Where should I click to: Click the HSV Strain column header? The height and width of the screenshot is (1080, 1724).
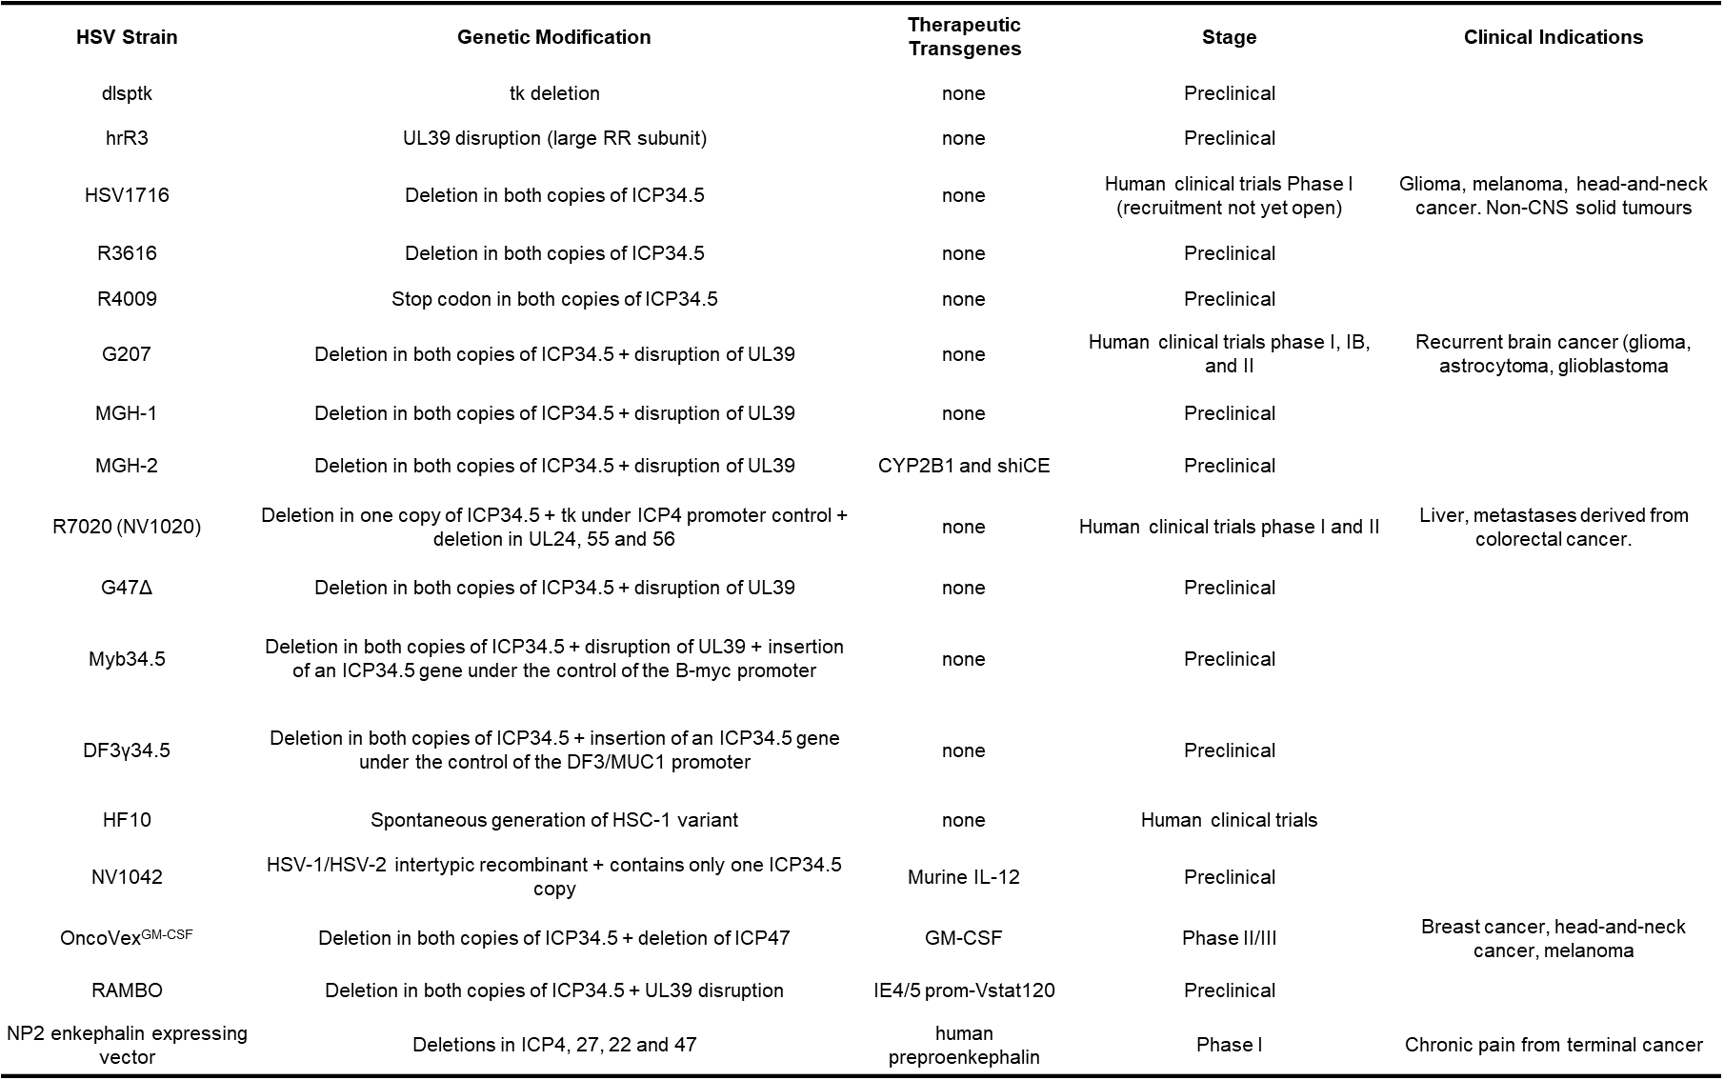click(127, 37)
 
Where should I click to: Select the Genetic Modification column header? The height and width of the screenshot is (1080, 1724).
click(553, 37)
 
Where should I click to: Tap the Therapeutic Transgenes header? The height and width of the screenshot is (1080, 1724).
click(964, 37)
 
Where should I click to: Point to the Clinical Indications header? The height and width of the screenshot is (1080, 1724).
click(1553, 37)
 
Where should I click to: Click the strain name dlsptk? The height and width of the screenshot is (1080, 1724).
click(127, 93)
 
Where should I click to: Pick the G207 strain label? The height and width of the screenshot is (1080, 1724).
click(127, 354)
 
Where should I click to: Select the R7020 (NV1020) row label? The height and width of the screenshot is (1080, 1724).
click(127, 527)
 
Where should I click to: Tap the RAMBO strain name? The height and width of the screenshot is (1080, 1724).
click(127, 990)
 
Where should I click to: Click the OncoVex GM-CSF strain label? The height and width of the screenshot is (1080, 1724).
click(127, 937)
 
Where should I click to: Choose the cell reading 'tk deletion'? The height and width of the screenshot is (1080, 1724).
click(553, 93)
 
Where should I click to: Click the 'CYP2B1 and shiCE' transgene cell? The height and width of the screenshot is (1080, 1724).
click(964, 466)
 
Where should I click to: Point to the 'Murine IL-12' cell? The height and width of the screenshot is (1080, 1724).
click(964, 877)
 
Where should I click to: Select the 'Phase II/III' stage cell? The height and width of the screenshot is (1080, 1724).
click(1229, 938)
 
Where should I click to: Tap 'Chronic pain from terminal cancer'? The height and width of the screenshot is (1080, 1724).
click(1553, 1045)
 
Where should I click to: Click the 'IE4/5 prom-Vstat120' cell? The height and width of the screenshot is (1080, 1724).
click(964, 990)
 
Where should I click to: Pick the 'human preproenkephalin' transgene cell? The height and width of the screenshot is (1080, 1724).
click(964, 1045)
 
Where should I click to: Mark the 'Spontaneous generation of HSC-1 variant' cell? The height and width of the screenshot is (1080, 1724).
click(553, 820)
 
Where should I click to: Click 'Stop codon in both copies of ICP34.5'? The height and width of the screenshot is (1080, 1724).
click(553, 299)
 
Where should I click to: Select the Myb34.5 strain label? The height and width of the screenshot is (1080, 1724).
click(127, 659)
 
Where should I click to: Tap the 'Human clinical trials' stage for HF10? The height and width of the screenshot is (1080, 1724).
click(1229, 820)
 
